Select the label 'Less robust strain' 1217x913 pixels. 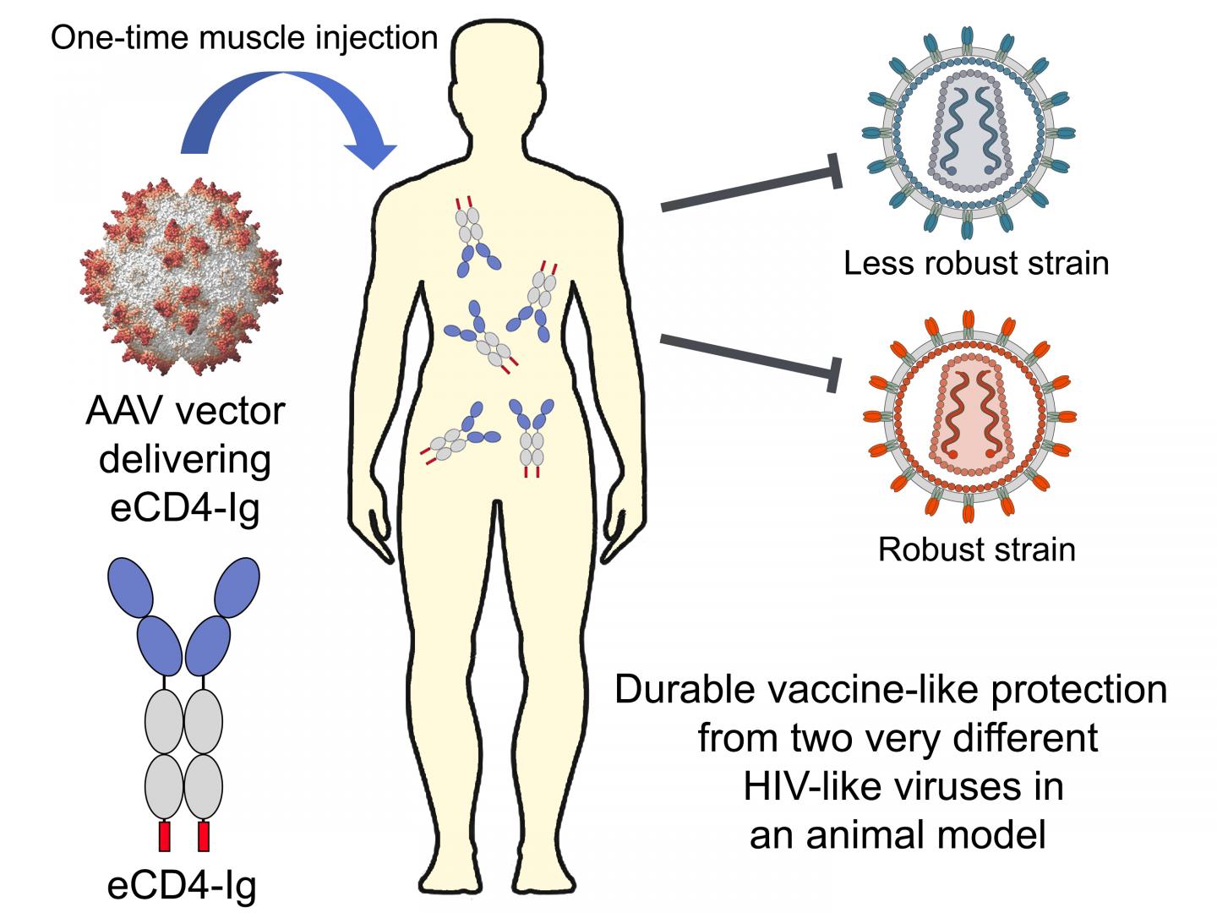tap(976, 263)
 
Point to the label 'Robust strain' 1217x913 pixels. tap(976, 549)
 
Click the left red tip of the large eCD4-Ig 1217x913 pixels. tap(165, 835)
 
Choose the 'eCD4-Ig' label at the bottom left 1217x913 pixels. tap(182, 885)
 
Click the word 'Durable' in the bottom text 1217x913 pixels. tap(685, 690)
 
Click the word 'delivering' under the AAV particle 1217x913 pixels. tap(185, 460)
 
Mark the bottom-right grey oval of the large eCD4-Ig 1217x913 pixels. tap(203, 785)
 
